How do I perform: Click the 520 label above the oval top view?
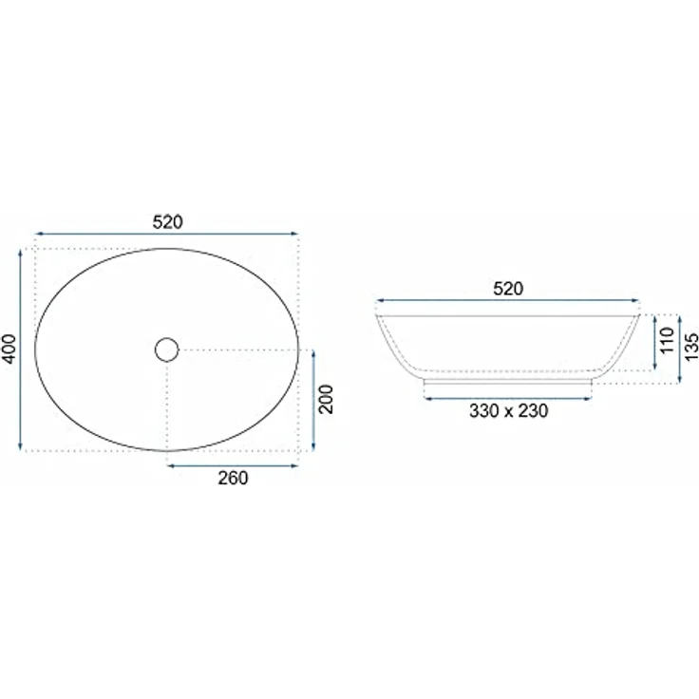[x=167, y=221]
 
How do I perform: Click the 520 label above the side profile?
[x=508, y=289]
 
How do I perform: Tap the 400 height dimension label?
[x=9, y=349]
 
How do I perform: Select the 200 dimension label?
[x=327, y=399]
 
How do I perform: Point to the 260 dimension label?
[x=233, y=478]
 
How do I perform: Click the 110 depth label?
[x=667, y=340]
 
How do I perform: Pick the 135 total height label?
[x=691, y=347]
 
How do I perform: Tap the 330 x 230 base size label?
[x=508, y=410]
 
